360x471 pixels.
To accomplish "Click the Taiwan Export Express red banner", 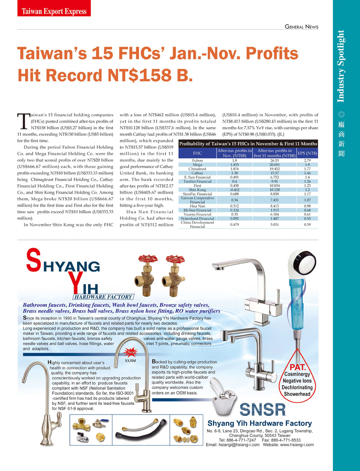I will point(54,11).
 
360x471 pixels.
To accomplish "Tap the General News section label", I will point(301,27).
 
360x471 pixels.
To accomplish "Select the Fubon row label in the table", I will point(197,160).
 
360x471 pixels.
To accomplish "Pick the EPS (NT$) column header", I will point(307,153).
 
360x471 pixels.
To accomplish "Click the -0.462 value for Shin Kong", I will point(235,190).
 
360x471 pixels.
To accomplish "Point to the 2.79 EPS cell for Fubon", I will point(307,160).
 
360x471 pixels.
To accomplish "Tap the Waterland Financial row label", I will point(197,218).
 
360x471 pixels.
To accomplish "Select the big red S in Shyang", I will point(33,260).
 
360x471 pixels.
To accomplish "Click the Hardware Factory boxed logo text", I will point(104,297).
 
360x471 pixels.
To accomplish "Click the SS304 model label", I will point(130,361).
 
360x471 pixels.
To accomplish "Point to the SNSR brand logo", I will point(263,410).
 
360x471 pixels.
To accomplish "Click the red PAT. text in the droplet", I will point(298,367).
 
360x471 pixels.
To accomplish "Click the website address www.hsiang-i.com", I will point(296,444).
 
